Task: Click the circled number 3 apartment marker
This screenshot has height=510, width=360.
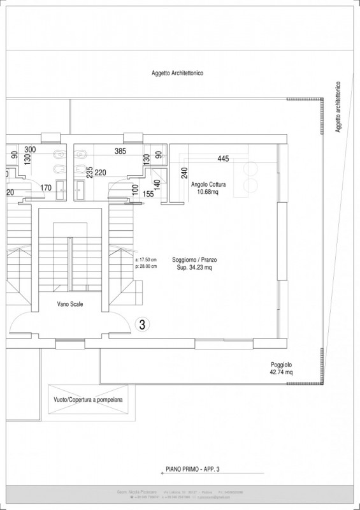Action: (x=142, y=324)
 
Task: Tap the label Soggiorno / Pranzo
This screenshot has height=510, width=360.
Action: (x=195, y=260)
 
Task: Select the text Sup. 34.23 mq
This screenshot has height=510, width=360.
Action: (x=195, y=268)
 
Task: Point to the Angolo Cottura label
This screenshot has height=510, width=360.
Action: (x=208, y=184)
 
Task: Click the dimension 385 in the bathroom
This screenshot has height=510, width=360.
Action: (x=120, y=151)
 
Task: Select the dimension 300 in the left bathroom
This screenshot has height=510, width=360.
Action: (x=30, y=150)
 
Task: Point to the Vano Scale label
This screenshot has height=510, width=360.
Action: (x=68, y=304)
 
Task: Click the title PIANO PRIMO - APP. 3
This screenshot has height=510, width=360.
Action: (x=190, y=469)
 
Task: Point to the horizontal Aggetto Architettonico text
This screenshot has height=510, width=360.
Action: (x=177, y=73)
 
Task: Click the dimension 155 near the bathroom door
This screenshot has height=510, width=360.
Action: (x=148, y=194)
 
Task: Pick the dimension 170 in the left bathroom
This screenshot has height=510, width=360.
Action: (x=46, y=187)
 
